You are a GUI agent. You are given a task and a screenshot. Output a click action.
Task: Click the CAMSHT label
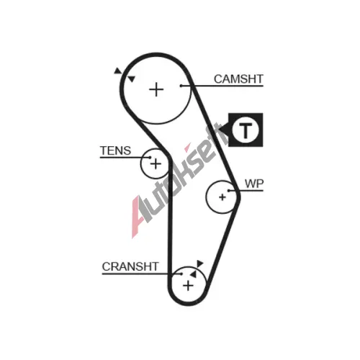coord(238,79)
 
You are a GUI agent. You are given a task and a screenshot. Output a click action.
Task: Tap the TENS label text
coord(115,150)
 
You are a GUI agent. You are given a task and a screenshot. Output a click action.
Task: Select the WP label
coord(254,184)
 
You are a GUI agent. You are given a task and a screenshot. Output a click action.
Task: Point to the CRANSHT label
coord(130,266)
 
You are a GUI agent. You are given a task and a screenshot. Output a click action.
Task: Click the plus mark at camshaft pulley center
coord(156,90)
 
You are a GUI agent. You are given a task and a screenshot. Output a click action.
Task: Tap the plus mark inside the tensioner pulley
coord(156,164)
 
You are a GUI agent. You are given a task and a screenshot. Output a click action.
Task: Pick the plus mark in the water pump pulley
coord(222,197)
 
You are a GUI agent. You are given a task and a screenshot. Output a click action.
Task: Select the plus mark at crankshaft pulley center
coord(188,286)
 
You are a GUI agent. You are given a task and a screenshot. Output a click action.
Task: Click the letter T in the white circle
coord(246,130)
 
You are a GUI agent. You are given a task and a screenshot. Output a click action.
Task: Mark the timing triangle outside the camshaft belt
coord(117,71)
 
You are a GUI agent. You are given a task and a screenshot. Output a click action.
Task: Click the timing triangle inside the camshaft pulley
coord(132,78)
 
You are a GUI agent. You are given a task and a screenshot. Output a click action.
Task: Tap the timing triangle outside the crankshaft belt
coord(199,264)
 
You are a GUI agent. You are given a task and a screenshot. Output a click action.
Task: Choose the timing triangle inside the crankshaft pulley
coord(193,274)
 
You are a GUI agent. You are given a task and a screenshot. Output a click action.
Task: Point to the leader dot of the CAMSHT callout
coord(181,86)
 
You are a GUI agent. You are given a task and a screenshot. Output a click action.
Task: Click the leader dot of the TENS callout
coord(150,158)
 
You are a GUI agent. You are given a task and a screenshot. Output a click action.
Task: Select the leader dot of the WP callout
coord(229,191)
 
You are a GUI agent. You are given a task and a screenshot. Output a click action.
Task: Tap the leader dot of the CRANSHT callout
coord(181,274)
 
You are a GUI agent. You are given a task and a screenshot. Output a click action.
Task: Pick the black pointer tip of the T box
coord(219,130)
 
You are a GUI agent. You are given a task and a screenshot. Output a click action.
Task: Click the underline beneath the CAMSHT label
coord(222,86)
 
